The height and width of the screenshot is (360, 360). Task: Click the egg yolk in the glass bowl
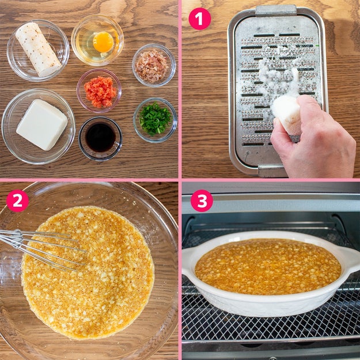tap(103, 42)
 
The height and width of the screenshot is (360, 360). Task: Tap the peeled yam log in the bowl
tap(39, 50)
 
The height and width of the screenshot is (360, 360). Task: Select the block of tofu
tap(42, 124)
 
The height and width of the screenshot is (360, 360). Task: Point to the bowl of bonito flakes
tap(154, 65)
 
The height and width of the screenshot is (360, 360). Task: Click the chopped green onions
tap(156, 119)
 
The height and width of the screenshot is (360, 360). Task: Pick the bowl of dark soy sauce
tap(100, 138)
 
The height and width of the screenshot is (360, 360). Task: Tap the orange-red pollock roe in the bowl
tap(100, 92)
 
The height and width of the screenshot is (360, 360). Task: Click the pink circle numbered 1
tap(199, 19)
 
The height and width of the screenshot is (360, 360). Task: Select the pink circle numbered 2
tap(17, 200)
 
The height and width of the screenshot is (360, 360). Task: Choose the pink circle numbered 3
tap(202, 200)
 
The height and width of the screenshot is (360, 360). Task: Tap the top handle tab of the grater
tap(276, 10)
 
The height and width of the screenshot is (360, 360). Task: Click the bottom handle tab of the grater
tap(273, 171)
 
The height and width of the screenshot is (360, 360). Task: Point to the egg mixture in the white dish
tap(268, 266)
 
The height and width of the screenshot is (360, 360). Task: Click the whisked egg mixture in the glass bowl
tap(88, 272)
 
